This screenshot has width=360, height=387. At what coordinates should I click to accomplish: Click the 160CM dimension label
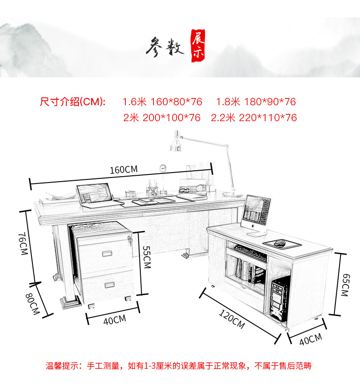123,169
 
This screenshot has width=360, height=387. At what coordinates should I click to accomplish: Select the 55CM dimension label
146,257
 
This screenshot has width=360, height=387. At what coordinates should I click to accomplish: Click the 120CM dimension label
231,319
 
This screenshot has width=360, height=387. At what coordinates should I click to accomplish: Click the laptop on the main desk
94,195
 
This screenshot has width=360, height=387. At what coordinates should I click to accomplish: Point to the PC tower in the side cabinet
279,296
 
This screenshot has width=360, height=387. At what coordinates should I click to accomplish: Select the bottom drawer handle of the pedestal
111,285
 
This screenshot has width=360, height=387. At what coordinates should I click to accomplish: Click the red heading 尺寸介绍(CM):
73,102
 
